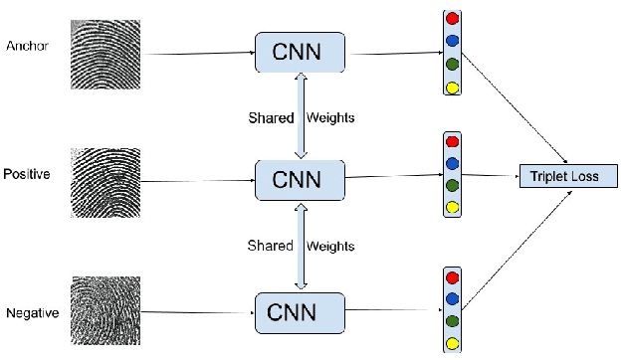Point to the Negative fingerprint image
tap(104, 312)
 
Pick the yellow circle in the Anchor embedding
tap(453, 87)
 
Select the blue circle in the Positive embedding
tap(453, 163)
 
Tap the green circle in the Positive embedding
tap(453, 185)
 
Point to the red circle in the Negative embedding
tap(453, 277)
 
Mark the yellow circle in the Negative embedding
tap(453, 342)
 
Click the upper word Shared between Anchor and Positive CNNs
tap(271, 118)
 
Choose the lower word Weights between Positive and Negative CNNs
tap(329, 245)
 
